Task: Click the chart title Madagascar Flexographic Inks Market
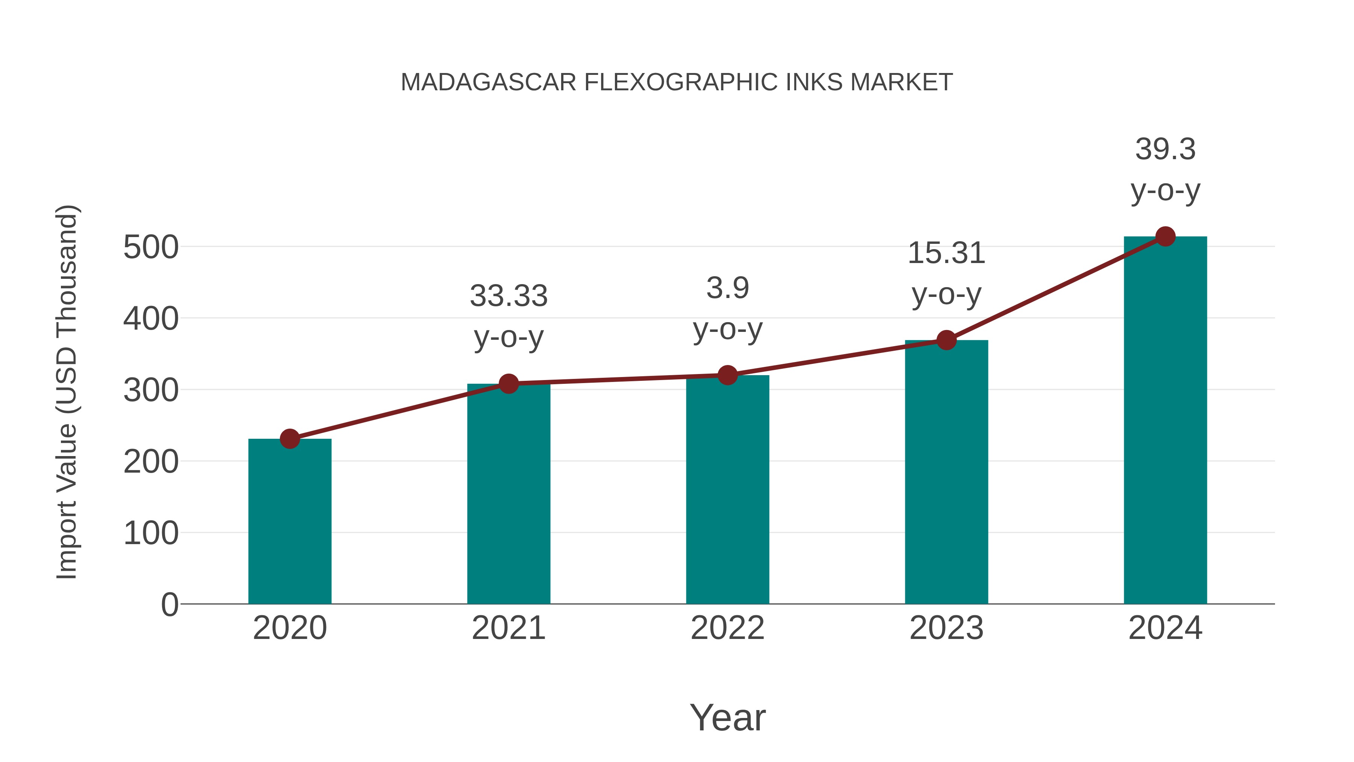click(x=677, y=82)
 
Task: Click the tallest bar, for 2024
click(x=1165, y=421)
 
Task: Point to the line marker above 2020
click(x=290, y=439)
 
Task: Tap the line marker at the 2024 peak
click(x=1165, y=237)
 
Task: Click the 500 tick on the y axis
click(x=151, y=247)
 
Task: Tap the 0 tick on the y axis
click(x=169, y=605)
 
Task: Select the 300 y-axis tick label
click(x=151, y=391)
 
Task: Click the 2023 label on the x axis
click(x=946, y=628)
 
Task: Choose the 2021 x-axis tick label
click(x=508, y=628)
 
